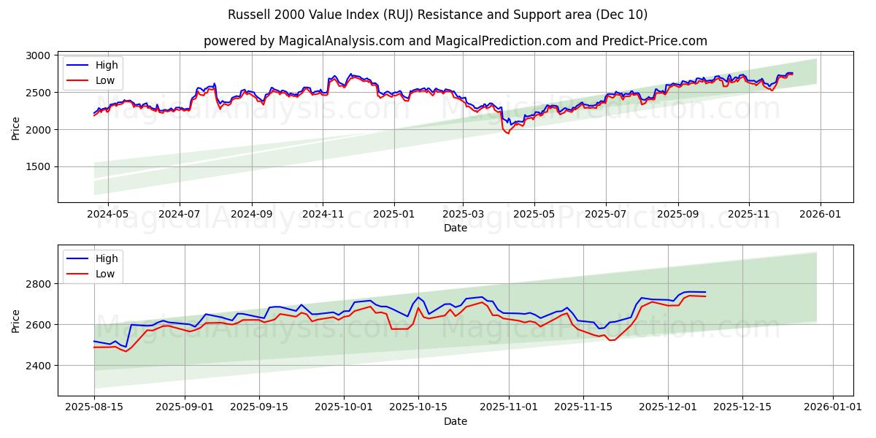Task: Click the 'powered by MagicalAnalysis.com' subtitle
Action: coord(455,41)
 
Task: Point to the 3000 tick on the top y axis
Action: coord(37,55)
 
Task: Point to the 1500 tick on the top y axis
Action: coord(37,166)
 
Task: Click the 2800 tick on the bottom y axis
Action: coord(37,283)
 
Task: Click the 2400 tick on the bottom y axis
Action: coord(37,365)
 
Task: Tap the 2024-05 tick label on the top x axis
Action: coord(108,215)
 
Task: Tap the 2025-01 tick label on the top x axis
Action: coord(394,215)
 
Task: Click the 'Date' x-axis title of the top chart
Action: coord(455,228)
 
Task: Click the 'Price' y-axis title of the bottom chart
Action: coord(16,320)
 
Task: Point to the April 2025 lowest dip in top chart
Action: coord(508,134)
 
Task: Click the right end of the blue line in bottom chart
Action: coord(705,292)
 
